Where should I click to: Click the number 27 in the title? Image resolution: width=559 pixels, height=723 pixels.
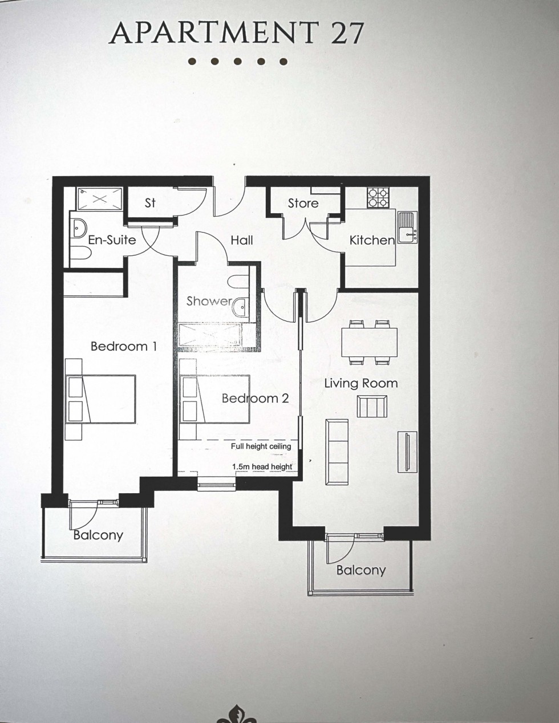pyautogui.click(x=346, y=33)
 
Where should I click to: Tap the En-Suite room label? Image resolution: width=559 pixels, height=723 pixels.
pyautogui.click(x=112, y=239)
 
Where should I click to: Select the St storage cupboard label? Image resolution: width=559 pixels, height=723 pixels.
pyautogui.click(x=150, y=203)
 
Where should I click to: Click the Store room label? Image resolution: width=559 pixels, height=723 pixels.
pyautogui.click(x=303, y=203)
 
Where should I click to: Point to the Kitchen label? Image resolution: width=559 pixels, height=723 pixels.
pyautogui.click(x=372, y=241)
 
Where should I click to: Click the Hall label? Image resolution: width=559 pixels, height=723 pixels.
pyautogui.click(x=242, y=240)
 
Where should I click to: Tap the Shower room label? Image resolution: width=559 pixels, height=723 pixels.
pyautogui.click(x=209, y=301)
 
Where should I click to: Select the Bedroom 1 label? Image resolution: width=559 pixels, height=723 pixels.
pyautogui.click(x=124, y=346)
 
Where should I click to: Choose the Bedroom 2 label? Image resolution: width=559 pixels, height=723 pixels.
pyautogui.click(x=255, y=398)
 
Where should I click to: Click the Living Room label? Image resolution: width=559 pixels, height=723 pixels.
pyautogui.click(x=361, y=383)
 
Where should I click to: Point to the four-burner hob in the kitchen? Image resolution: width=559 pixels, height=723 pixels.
pyautogui.click(x=377, y=197)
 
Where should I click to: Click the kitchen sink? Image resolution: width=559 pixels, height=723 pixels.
pyautogui.click(x=407, y=227)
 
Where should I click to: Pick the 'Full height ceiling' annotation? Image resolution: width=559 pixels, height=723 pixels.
pyautogui.click(x=261, y=446)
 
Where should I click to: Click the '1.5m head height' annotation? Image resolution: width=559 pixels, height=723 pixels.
pyautogui.click(x=262, y=467)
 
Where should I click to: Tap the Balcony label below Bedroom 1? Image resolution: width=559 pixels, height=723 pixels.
pyautogui.click(x=98, y=535)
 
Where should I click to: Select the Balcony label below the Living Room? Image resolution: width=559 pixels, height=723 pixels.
pyautogui.click(x=361, y=570)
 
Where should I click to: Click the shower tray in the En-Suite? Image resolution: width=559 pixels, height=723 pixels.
pyautogui.click(x=100, y=199)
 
